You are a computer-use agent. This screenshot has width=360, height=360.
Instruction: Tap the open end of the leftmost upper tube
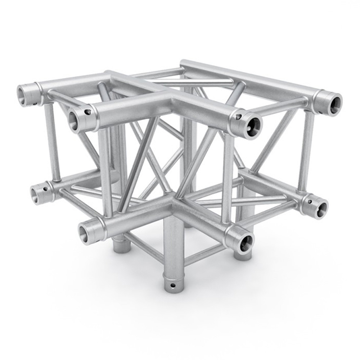[25, 96]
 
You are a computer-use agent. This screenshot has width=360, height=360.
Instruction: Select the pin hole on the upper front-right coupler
[238, 117]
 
